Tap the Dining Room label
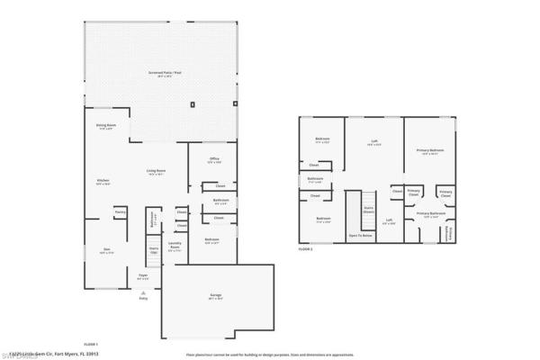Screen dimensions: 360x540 (105, 126)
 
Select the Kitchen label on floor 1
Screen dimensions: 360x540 (103, 181)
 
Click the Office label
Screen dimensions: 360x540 (214, 161)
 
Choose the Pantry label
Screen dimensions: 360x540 (119, 212)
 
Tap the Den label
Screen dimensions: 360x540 (105, 252)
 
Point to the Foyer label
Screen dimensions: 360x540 (142, 277)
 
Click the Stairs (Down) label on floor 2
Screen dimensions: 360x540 (367, 211)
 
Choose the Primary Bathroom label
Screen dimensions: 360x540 (432, 215)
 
